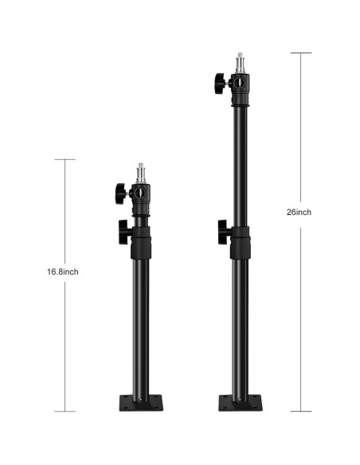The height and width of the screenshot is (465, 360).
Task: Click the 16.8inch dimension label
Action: coord(62,272)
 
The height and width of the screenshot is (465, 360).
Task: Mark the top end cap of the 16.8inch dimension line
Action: coord(64,159)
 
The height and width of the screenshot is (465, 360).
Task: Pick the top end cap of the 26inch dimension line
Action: coord(300,53)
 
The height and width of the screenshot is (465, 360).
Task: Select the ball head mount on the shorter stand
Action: coord(140,193)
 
